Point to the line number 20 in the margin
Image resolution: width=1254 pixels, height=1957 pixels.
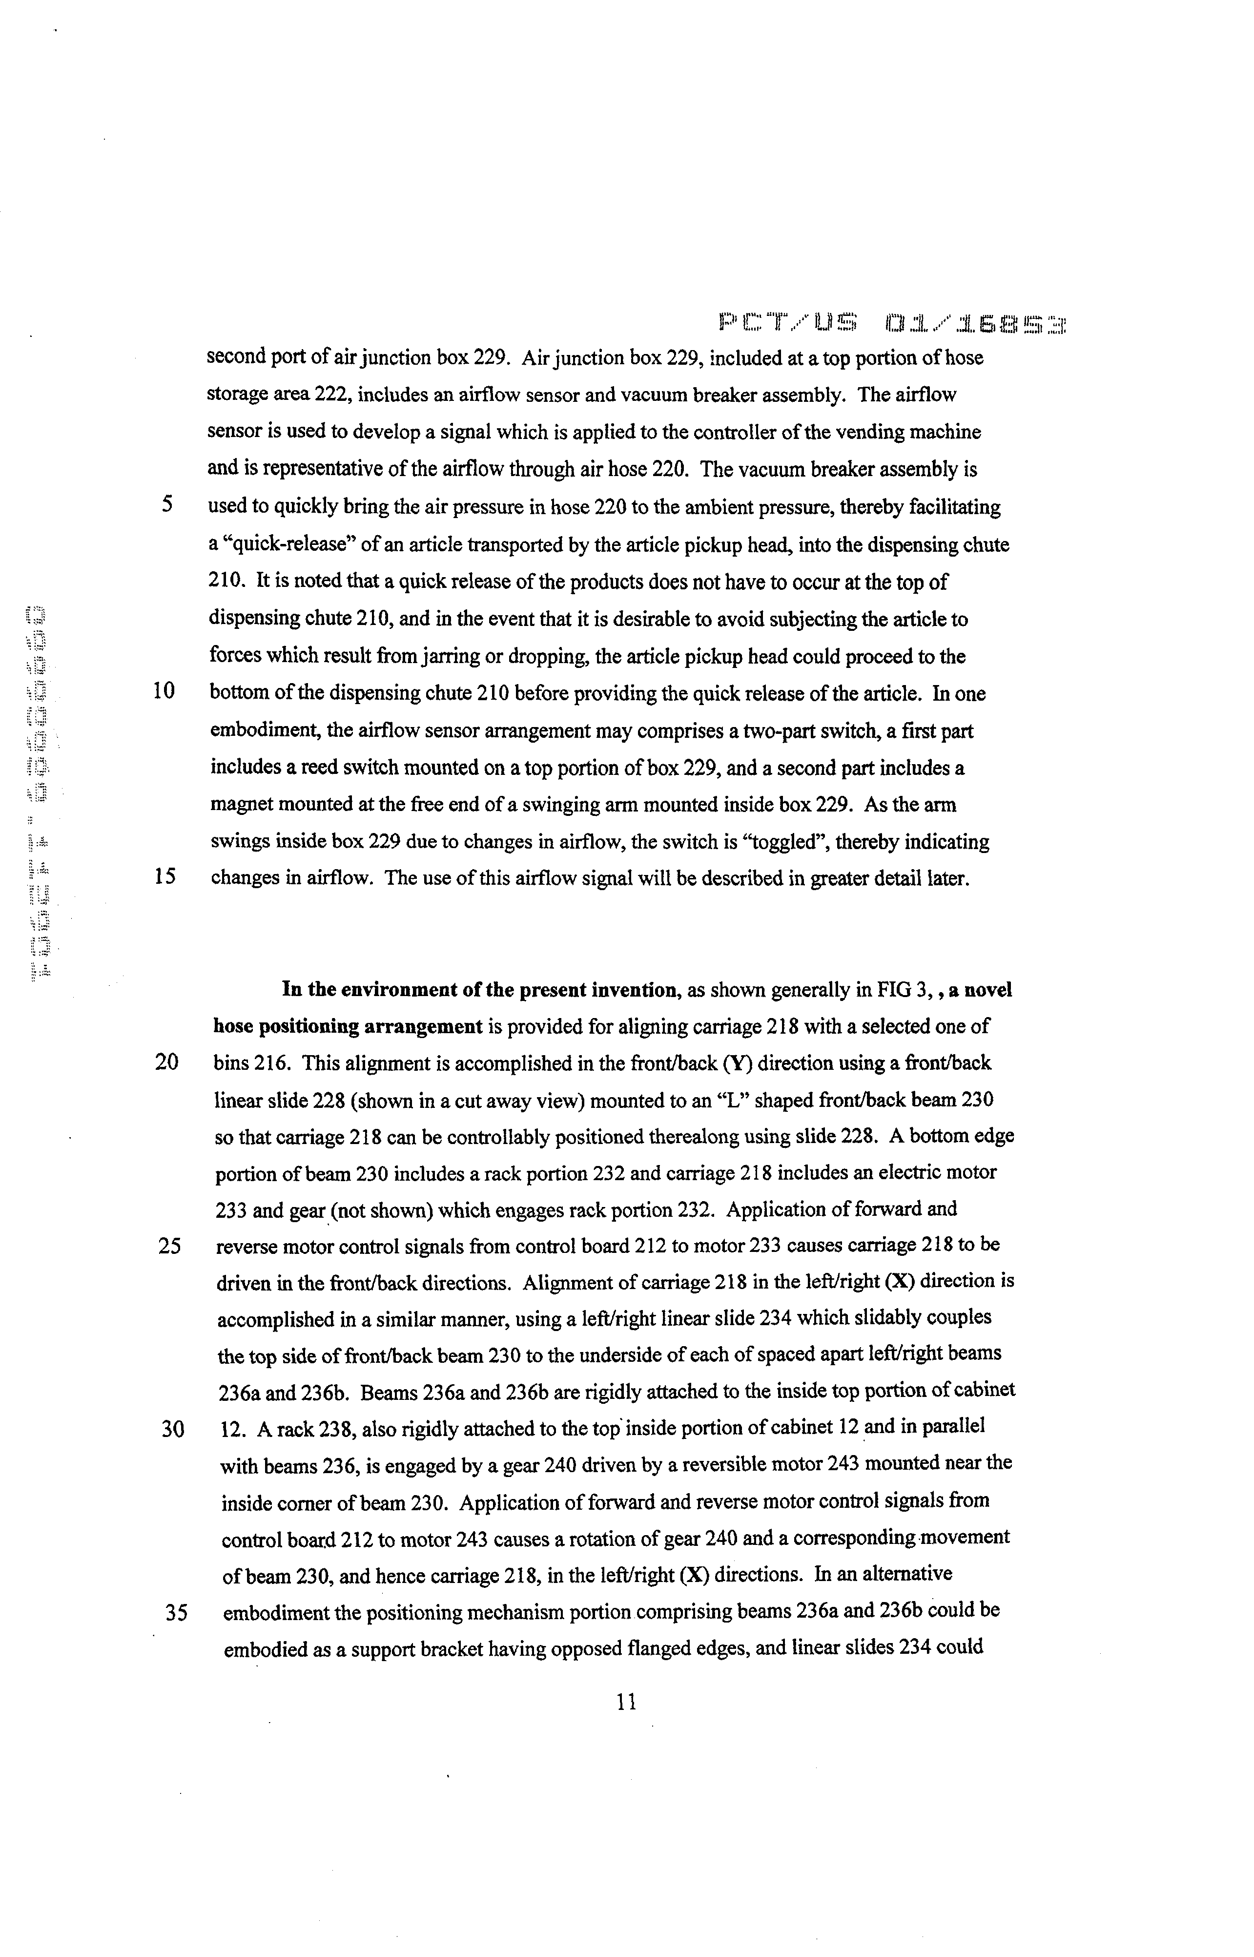167,1063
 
